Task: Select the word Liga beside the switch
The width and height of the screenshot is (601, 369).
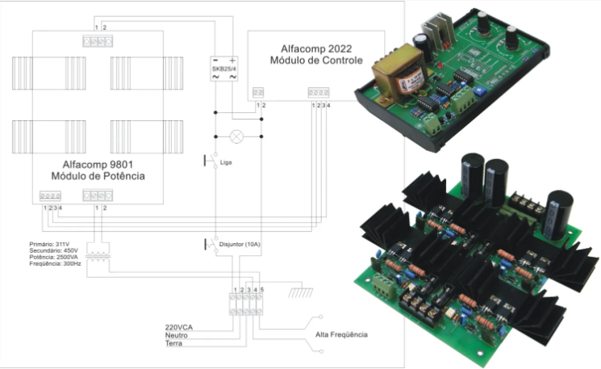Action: point(227,162)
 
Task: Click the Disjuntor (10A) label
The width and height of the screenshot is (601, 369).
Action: point(240,243)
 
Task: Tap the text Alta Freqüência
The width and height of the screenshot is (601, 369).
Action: point(342,333)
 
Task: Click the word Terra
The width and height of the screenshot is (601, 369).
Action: point(174,343)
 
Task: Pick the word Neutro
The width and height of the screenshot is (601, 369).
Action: point(177,334)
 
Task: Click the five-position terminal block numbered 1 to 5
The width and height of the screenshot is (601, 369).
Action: point(246,303)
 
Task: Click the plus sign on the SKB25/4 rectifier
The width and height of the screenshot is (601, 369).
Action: point(233,61)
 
